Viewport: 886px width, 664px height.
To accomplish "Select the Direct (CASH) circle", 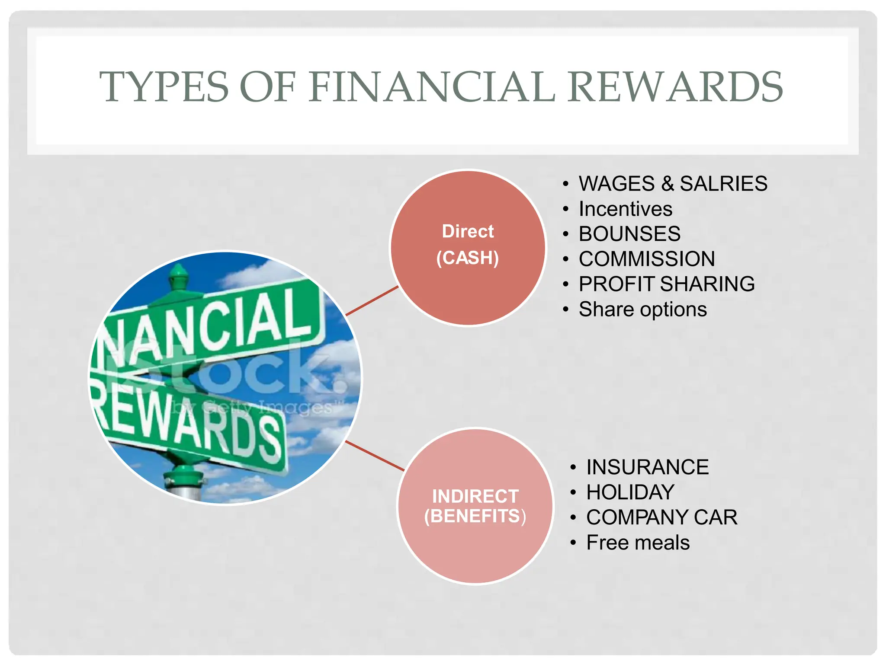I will (x=468, y=247).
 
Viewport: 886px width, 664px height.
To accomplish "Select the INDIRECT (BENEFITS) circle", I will (x=475, y=506).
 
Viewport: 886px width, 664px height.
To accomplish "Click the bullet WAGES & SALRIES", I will (x=673, y=184).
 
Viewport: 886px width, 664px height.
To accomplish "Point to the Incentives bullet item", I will (x=625, y=209).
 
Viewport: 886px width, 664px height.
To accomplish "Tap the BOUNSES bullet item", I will (x=629, y=234).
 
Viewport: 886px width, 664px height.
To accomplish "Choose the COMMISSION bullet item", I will (x=647, y=259).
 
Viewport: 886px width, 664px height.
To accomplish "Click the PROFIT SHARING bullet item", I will (x=667, y=284).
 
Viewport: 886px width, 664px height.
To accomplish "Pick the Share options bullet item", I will (x=642, y=310).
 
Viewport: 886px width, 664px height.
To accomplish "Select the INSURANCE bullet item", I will (x=647, y=467).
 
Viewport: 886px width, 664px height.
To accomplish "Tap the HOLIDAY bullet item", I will (x=630, y=492).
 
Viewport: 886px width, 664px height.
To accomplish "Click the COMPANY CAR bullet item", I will (x=661, y=517).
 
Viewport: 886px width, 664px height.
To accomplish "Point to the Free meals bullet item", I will (x=638, y=543).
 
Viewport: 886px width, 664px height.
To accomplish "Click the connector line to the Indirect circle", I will (x=375, y=456).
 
